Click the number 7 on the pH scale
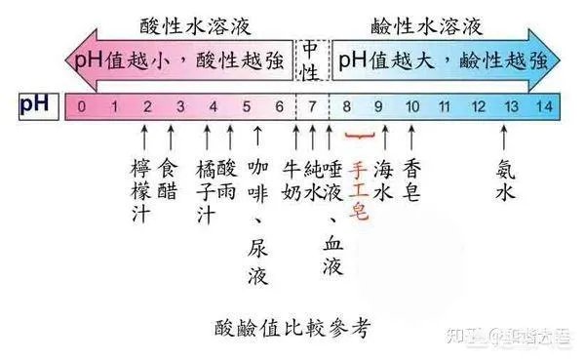coord(313,104)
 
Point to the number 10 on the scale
coord(412,104)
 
